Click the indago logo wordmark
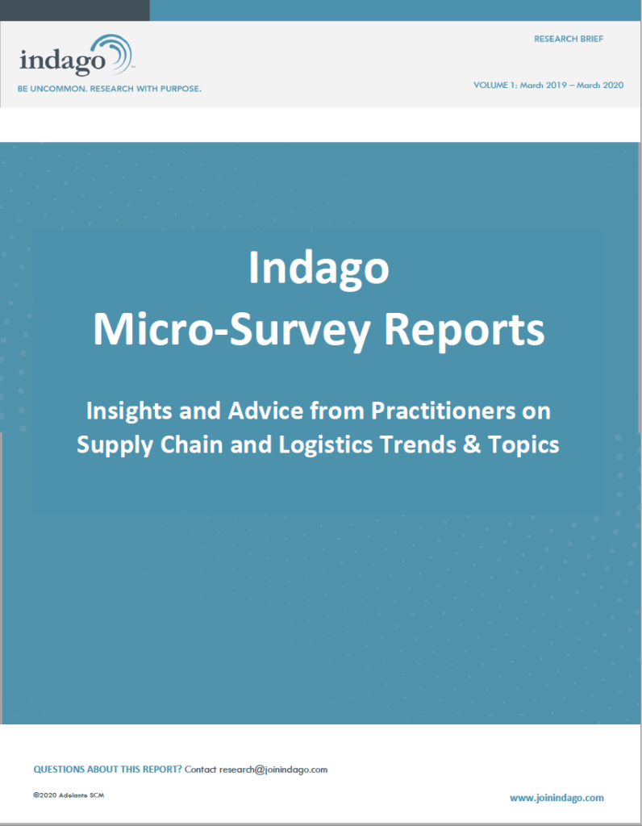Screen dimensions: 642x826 tap(63, 60)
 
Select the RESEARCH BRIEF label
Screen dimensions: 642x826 tap(569, 39)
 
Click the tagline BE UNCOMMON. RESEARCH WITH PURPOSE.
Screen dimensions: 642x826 tap(110, 89)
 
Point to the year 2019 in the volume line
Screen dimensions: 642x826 tap(557, 85)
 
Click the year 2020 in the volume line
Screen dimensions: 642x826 tap(613, 85)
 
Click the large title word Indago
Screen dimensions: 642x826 tap(319, 268)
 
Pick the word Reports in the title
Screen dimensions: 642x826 tap(464, 330)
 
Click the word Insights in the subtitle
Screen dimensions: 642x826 tap(129, 411)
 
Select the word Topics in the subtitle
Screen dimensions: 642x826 tap(523, 445)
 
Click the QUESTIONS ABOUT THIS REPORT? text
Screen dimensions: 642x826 tap(107, 769)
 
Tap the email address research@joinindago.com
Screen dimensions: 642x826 tap(273, 770)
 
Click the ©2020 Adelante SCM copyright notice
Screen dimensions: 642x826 tap(69, 795)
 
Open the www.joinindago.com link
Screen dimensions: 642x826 tap(557, 798)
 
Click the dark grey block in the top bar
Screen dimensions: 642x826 tap(75, 10)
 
